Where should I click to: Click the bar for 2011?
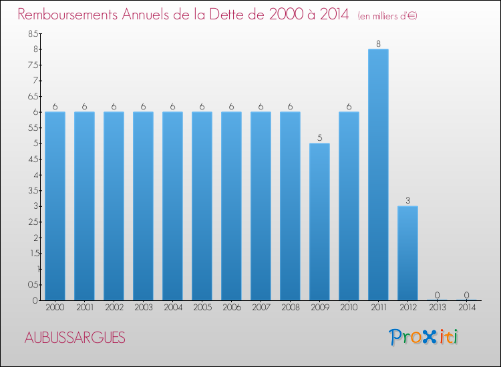point(378,175)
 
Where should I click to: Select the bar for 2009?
point(319,222)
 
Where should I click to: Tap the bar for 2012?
point(407,253)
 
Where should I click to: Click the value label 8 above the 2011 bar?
point(378,44)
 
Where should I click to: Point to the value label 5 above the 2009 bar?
point(319,138)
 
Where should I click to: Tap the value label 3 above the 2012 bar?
point(407,201)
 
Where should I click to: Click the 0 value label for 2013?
point(437,295)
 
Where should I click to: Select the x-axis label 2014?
point(466,308)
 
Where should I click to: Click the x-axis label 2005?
point(202,308)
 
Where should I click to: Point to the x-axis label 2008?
point(290,308)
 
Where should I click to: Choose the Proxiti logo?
point(424,337)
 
